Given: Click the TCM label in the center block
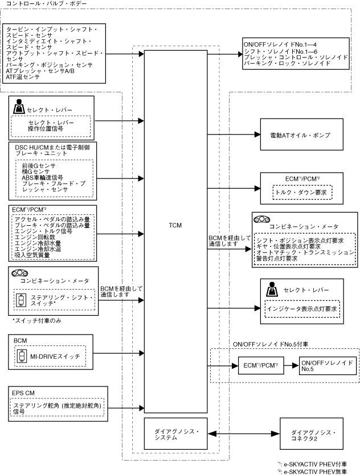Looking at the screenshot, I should pos(175,225).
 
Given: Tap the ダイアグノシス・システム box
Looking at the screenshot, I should pos(175,434).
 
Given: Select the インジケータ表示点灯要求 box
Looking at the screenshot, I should pos(302,309).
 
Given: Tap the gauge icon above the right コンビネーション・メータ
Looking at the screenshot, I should pos(263,219).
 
